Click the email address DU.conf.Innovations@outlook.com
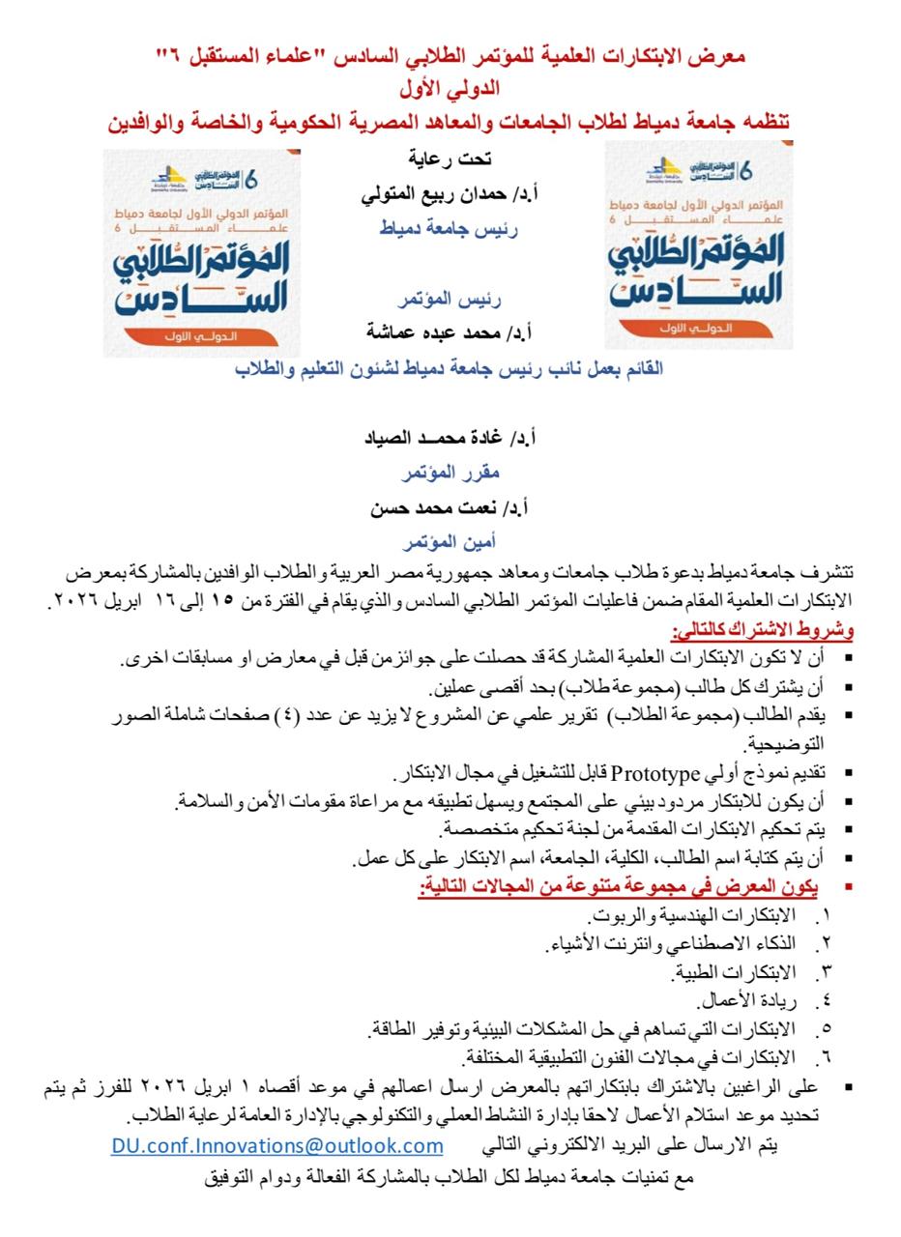276,1146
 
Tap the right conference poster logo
698,245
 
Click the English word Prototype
655,774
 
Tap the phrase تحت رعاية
448,158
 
